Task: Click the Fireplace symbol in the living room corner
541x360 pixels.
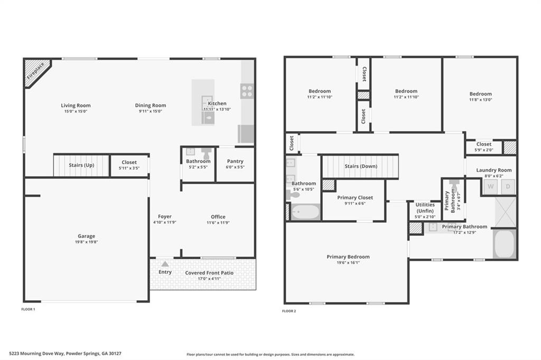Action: coord(36,72)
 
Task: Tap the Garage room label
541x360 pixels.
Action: coord(86,236)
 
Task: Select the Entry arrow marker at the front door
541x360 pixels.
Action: coord(165,264)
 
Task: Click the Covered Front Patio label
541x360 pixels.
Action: coord(209,272)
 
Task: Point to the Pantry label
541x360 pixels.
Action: coord(235,161)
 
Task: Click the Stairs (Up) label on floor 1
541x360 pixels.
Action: coord(81,165)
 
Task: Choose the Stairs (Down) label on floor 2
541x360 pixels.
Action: coord(360,166)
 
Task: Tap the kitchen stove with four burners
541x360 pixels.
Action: coord(247,91)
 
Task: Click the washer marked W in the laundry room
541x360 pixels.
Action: coord(490,186)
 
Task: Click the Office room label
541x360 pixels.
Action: coord(218,216)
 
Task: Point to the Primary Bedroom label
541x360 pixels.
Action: coord(348,257)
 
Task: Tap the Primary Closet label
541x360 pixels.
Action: coord(355,197)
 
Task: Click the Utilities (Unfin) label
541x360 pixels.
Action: coord(425,207)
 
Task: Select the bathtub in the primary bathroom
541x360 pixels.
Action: coord(504,244)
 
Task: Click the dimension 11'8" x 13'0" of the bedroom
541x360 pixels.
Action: coord(480,100)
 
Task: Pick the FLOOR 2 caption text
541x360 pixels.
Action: coord(289,311)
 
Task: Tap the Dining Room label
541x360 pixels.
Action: coord(150,105)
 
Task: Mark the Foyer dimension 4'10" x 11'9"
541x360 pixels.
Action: coord(164,222)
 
